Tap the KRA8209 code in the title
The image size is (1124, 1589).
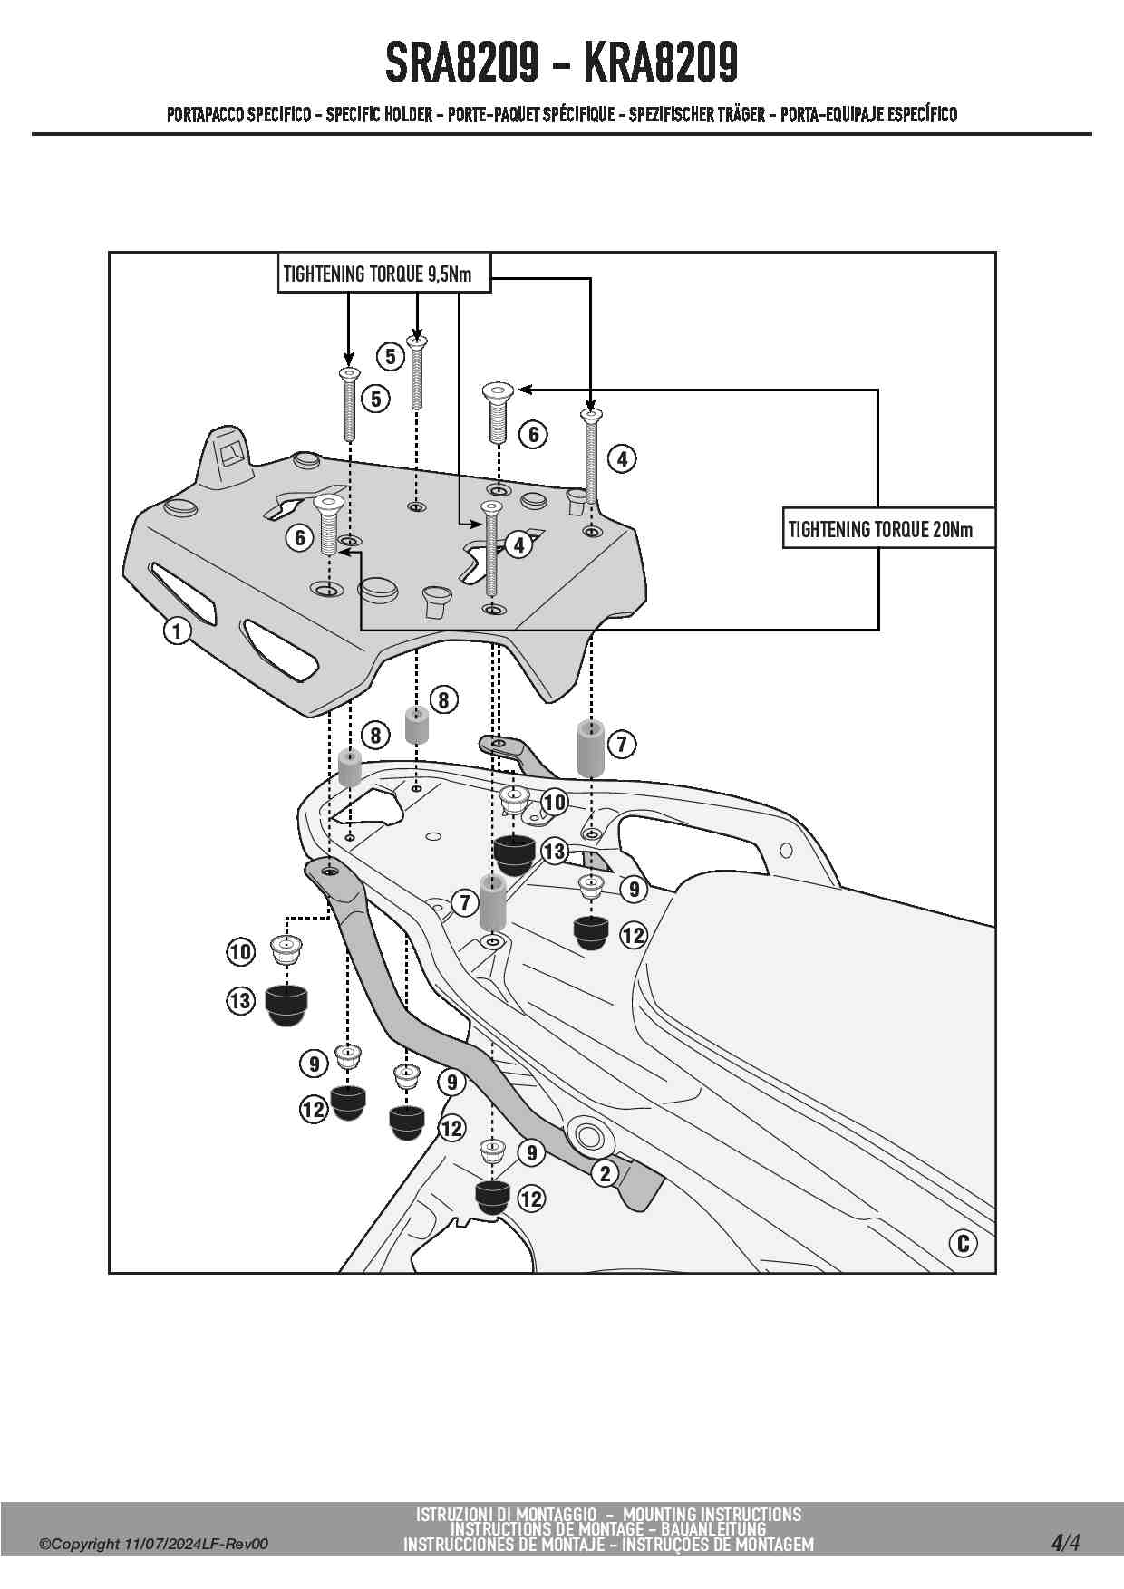661,63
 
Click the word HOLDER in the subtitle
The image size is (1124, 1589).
407,115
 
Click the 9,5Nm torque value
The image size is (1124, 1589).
450,274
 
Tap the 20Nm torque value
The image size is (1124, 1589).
953,529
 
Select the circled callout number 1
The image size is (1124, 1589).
177,631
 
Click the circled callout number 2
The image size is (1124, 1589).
605,1174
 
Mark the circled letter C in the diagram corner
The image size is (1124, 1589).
963,1243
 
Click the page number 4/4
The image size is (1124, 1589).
1065,1543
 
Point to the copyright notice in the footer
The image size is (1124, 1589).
153,1545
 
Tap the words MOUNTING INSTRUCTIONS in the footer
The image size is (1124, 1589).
712,1514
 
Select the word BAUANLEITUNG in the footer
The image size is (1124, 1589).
713,1529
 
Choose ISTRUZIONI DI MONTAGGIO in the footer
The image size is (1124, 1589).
507,1514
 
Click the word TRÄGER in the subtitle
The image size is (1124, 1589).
742,115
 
